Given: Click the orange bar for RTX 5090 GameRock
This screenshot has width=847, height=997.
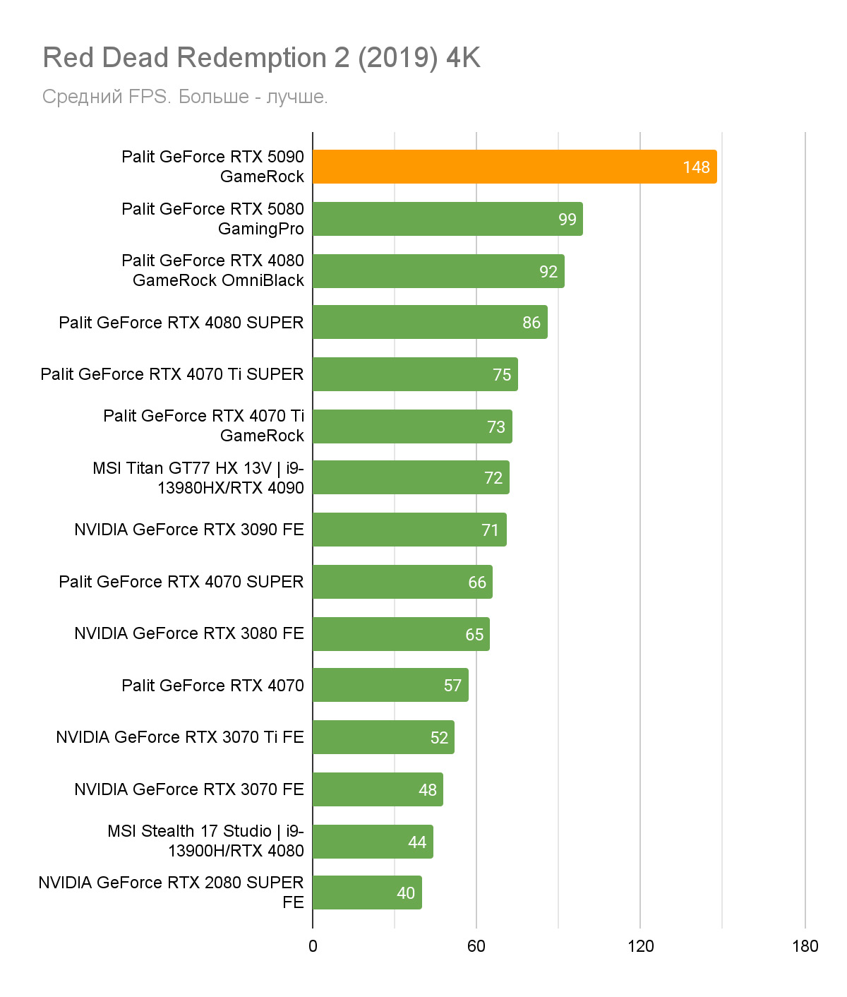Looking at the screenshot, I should (x=514, y=167).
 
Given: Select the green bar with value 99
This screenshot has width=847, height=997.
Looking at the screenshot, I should (x=447, y=219).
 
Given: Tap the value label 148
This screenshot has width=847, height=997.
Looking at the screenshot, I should (x=696, y=167).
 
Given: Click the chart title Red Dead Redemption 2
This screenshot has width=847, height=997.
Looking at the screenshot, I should (x=261, y=58).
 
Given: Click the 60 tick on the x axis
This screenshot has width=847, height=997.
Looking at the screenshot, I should (x=476, y=946).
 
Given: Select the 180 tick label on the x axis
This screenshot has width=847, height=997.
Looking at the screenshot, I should (x=805, y=946).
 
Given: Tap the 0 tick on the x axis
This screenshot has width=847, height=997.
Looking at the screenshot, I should (x=313, y=946).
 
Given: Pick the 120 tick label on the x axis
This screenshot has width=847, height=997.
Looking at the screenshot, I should (x=640, y=946).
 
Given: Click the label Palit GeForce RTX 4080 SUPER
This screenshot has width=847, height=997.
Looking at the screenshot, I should (x=181, y=323).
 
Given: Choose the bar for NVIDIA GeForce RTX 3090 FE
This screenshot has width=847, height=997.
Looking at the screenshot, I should (x=409, y=530).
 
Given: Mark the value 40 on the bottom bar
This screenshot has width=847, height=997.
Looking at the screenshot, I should (x=406, y=893).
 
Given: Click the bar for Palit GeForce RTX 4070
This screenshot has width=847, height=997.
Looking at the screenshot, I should (x=390, y=685).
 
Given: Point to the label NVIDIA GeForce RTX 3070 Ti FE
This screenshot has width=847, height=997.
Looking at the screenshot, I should (x=180, y=737).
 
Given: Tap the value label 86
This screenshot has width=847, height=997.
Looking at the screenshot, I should (x=531, y=323).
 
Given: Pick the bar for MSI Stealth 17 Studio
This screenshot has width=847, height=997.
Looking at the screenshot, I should (x=373, y=842).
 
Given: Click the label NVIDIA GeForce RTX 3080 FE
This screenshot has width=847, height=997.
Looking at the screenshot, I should (x=189, y=633).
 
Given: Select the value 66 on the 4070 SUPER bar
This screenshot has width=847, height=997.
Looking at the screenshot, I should (x=477, y=583).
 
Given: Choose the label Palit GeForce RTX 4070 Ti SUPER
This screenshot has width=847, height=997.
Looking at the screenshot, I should (x=172, y=374).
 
